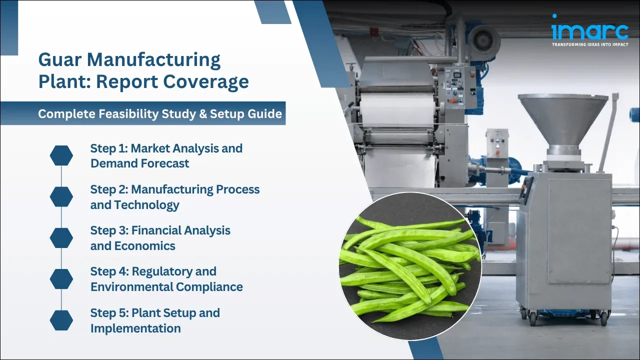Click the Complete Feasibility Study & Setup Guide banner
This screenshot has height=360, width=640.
[x=160, y=113]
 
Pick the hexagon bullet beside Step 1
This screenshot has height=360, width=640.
[x=61, y=156]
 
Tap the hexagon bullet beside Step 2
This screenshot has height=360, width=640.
[x=61, y=197]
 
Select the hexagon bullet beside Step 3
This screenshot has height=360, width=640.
[x=61, y=238]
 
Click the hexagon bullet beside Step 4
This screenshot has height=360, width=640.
[x=61, y=279]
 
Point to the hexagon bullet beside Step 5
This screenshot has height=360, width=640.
[x=61, y=320]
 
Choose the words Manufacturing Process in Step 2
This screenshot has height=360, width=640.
[x=195, y=189]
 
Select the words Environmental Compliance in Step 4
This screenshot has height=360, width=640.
[x=166, y=287]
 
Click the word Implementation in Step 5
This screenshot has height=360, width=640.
[x=135, y=328]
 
